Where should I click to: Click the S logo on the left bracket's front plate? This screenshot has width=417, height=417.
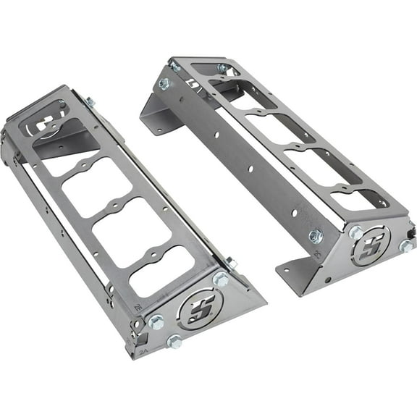click(x=195, y=311)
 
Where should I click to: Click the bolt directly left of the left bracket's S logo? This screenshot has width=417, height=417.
click(x=156, y=322)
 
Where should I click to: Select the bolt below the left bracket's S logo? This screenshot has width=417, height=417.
click(x=174, y=341)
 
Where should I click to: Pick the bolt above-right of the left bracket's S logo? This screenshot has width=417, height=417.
click(x=221, y=278)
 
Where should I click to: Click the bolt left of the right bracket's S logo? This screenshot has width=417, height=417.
click(x=355, y=233)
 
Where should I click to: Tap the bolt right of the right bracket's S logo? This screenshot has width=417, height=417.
click(x=406, y=246)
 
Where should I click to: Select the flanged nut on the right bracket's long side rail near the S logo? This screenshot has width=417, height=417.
click(x=316, y=236)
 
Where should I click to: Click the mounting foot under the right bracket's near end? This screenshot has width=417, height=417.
click(x=293, y=271)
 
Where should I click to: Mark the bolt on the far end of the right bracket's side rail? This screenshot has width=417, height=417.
click(x=165, y=84)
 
